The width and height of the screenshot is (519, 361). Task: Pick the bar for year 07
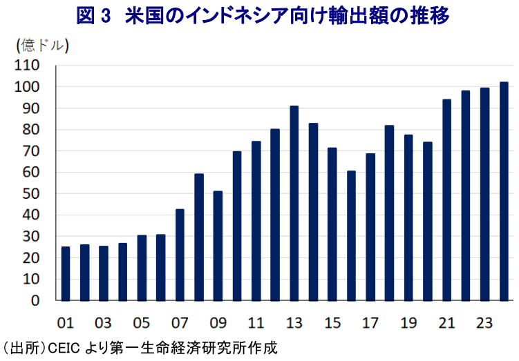[x=180, y=255]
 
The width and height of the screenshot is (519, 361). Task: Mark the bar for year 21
[x=446, y=200]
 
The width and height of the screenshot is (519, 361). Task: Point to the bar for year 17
[x=370, y=227]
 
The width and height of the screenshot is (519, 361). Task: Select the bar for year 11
[x=256, y=221]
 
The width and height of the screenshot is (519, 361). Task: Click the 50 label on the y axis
[x=30, y=194]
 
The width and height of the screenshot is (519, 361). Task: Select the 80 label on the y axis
[x=30, y=130]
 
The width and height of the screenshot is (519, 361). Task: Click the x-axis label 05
[x=141, y=322]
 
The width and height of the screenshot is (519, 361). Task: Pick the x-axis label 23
[x=484, y=322]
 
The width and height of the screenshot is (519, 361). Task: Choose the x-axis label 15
[x=332, y=322]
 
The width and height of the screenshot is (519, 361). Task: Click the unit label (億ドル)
[x=41, y=46]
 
